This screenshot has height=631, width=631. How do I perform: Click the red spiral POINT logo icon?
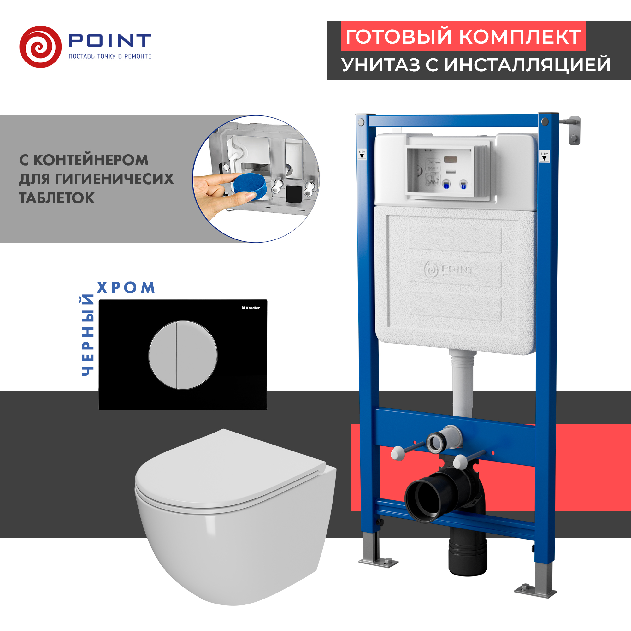40,47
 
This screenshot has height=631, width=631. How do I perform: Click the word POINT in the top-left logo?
110,40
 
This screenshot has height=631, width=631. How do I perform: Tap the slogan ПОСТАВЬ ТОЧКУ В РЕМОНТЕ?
110,56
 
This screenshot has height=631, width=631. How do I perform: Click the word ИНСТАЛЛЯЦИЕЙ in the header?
527,65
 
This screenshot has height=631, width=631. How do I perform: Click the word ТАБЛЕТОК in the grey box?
57,198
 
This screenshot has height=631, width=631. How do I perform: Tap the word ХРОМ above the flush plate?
126,288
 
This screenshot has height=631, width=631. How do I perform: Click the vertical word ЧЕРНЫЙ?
88,335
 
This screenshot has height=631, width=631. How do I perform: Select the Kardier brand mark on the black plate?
251,308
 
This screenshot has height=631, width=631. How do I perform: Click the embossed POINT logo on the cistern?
449,270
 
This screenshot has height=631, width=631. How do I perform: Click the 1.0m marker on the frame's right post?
545,156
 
